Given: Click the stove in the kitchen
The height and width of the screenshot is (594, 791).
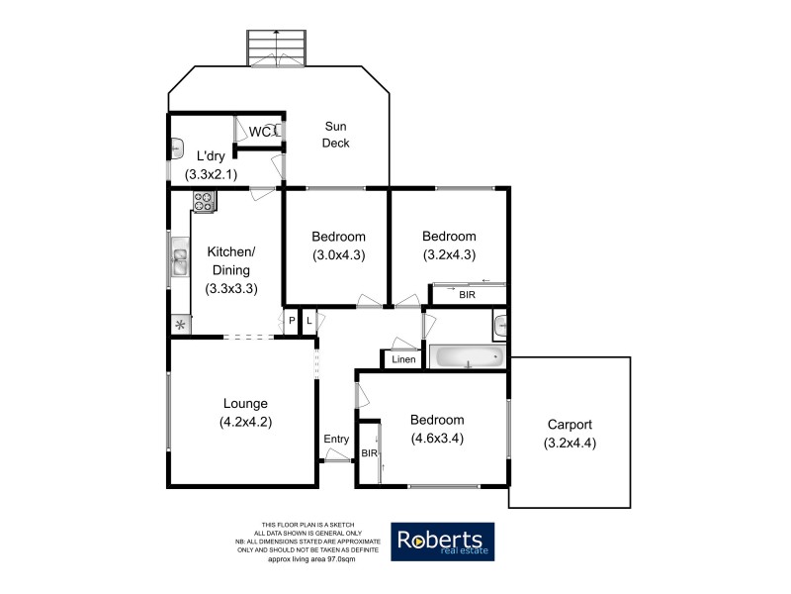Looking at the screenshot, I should point(205,201).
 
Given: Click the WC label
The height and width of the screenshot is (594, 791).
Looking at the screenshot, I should point(260,133).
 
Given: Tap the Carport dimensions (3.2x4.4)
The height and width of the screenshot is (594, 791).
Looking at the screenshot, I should point(571,443).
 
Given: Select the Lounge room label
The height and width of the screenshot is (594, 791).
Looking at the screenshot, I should point(245,403).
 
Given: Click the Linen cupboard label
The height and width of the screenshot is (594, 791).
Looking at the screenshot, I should point(404,359).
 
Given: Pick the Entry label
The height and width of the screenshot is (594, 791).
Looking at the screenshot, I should point(336,440).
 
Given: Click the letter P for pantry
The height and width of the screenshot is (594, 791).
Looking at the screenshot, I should point(293,320).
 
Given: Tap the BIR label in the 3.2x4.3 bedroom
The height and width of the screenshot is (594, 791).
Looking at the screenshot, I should point(466,294).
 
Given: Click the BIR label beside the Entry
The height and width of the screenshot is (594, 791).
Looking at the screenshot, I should point(369,452).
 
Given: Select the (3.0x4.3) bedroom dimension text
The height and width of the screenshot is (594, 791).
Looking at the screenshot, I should point(338,254).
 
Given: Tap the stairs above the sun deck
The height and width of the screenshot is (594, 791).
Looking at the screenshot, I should point(277,47).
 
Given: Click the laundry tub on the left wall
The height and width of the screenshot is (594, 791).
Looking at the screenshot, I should point(176,149).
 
